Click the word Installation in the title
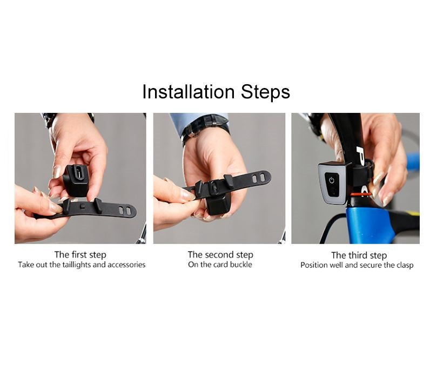pyautogui.click(x=189, y=92)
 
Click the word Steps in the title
pyautogui.click(x=265, y=92)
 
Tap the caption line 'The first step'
pyautogui.click(x=80, y=255)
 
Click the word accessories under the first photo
pyautogui.click(x=126, y=265)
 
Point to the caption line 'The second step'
pyautogui.click(x=220, y=255)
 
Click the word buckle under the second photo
pyautogui.click(x=241, y=265)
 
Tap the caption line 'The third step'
pyautogui.click(x=359, y=255)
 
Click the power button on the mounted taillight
pyautogui.click(x=332, y=180)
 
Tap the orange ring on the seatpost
pyautogui.click(x=361, y=194)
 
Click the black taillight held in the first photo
pyautogui.click(x=76, y=180)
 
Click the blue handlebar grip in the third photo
pyautogui.click(x=413, y=160)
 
